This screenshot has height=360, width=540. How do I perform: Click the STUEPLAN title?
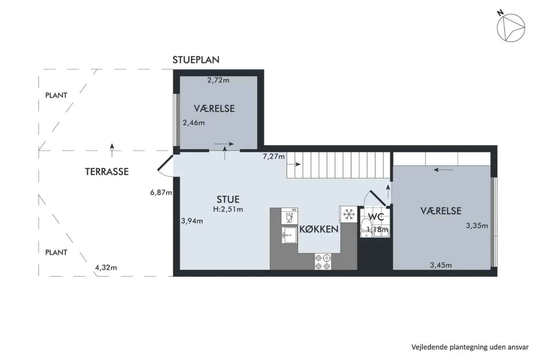tap(196, 60)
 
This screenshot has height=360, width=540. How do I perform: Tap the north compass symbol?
tap(511, 28)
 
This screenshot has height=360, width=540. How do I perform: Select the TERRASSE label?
tap(107, 172)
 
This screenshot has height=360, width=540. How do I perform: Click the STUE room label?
tap(228, 199)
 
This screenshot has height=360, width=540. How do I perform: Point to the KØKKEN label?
tap(319, 229)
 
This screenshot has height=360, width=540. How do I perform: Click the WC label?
tap(376, 217)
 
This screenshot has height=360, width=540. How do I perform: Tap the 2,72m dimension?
tap(218, 80)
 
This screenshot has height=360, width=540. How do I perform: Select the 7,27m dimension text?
tap(274, 156)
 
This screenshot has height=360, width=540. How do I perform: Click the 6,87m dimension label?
tap(161, 192)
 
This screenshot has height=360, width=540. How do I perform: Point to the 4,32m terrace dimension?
tap(106, 268)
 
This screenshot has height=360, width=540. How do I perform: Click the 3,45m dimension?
tap(441, 265)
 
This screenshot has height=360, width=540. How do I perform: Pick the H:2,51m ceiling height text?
tap(228, 209)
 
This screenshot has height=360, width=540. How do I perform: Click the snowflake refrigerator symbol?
tap(349, 214)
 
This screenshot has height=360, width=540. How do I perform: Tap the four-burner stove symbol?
tap(323, 262)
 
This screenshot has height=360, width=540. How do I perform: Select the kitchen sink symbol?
tap(289, 235)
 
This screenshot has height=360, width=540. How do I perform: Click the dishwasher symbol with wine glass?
tap(289, 216)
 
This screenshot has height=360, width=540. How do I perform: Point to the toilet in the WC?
tap(366, 228)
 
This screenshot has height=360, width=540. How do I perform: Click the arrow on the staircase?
tap(294, 165)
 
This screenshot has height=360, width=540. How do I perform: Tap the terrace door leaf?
tap(165, 162)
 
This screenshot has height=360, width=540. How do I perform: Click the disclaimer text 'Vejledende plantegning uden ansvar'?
tap(470, 347)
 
